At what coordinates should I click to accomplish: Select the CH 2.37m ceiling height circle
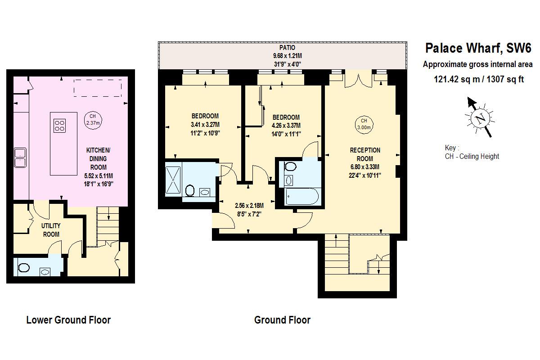[x=93, y=119]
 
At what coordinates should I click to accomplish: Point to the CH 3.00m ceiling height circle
[x=364, y=124]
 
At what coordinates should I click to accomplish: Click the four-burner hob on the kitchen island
[x=60, y=125]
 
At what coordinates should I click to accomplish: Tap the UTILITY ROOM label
[x=51, y=229]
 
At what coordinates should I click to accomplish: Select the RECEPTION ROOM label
[x=365, y=154]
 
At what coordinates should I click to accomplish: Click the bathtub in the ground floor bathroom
[x=302, y=197]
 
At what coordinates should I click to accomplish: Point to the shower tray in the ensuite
[x=173, y=180]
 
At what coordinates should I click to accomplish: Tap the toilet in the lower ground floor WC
[x=23, y=268]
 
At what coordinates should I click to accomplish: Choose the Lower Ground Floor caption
[x=68, y=320]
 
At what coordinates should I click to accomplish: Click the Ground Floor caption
[x=282, y=320]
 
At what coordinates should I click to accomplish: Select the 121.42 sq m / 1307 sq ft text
[x=479, y=80]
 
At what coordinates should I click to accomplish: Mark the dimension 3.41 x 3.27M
[x=205, y=125]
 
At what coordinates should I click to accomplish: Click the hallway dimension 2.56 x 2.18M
[x=249, y=206]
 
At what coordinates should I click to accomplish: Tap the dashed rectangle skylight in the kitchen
[x=98, y=88]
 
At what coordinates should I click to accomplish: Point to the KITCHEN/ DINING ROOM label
[x=98, y=157]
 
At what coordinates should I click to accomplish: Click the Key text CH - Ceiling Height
[x=472, y=157]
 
